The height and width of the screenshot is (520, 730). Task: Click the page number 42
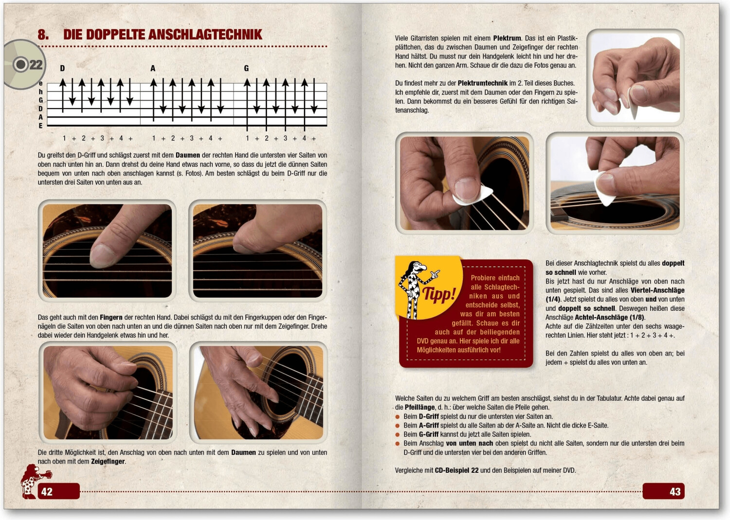[47, 491]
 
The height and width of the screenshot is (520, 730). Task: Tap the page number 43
[675, 491]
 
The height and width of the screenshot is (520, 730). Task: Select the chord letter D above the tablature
[62, 69]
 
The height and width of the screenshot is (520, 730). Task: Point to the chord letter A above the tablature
[153, 69]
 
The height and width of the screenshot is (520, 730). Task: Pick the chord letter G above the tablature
[246, 69]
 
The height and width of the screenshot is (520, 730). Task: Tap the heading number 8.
[43, 35]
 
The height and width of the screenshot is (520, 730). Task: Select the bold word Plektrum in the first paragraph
[507, 38]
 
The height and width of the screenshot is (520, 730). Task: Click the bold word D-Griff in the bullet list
[428, 416]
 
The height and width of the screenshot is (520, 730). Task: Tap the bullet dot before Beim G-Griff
[398, 434]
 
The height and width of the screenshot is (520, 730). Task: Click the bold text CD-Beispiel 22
[456, 470]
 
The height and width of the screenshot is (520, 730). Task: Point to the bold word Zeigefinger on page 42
[108, 461]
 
